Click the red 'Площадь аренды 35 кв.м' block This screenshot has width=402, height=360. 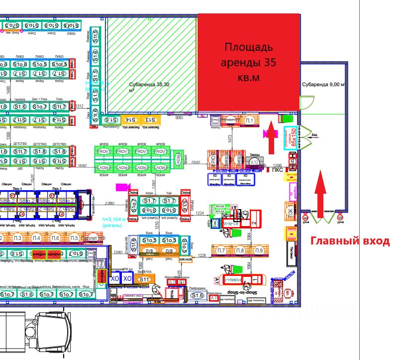tap(248, 62)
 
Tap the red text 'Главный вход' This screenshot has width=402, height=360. tap(350, 241)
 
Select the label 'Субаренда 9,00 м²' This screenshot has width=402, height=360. tap(323, 85)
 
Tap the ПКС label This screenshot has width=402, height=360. tap(278, 170)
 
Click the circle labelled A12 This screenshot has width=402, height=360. tap(255, 162)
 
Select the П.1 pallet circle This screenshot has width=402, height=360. tap(250, 120)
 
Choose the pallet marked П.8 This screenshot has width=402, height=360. tap(240, 250)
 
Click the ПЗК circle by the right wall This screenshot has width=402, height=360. tap(290, 210)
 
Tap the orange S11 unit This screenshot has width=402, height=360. tap(144, 280)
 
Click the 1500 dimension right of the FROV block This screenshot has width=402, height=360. tap(196, 163)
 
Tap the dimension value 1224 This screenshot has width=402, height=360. tap(200, 213)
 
